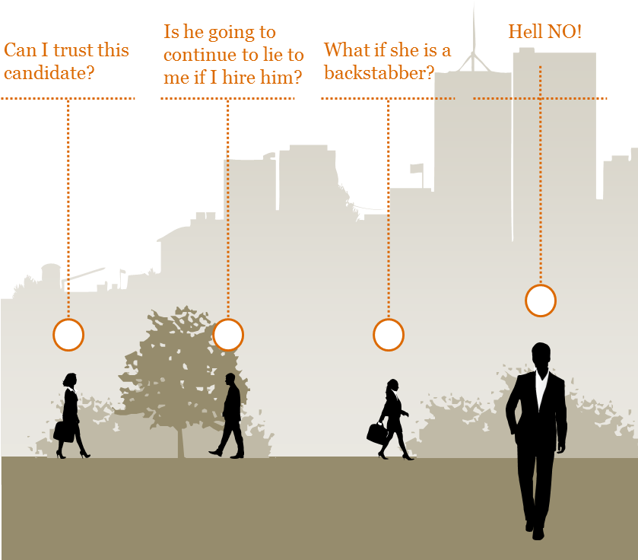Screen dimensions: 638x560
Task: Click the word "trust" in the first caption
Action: pyautogui.click(x=73, y=50)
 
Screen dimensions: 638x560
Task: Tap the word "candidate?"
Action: pyautogui.click(x=49, y=73)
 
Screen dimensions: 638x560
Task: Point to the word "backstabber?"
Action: pyautogui.click(x=379, y=73)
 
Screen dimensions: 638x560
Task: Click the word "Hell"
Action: pyautogui.click(x=525, y=32)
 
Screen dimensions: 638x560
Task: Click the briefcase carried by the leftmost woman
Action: pyautogui.click(x=64, y=432)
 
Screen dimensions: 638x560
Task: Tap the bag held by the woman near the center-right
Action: pyautogui.click(x=376, y=434)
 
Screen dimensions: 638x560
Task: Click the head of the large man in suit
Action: pyautogui.click(x=541, y=355)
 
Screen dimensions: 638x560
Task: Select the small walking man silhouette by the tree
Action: pyautogui.click(x=229, y=416)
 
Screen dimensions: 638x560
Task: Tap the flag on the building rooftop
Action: pyautogui.click(x=417, y=168)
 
